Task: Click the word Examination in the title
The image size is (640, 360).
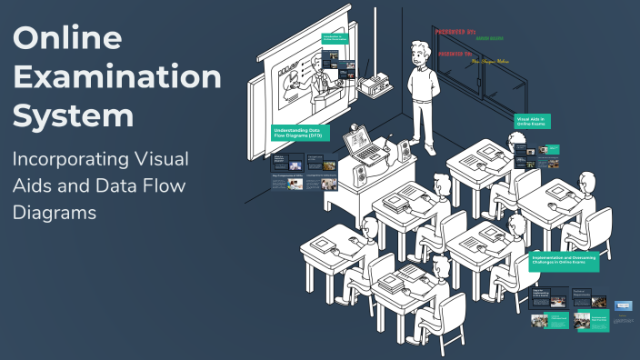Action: coord(117,77)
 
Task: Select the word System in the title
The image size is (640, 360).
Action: coord(73,115)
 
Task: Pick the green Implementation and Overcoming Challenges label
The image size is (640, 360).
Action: coord(564,260)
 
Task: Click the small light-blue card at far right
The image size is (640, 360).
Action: coord(623,306)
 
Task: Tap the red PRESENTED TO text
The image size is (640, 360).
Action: coord(456,54)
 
